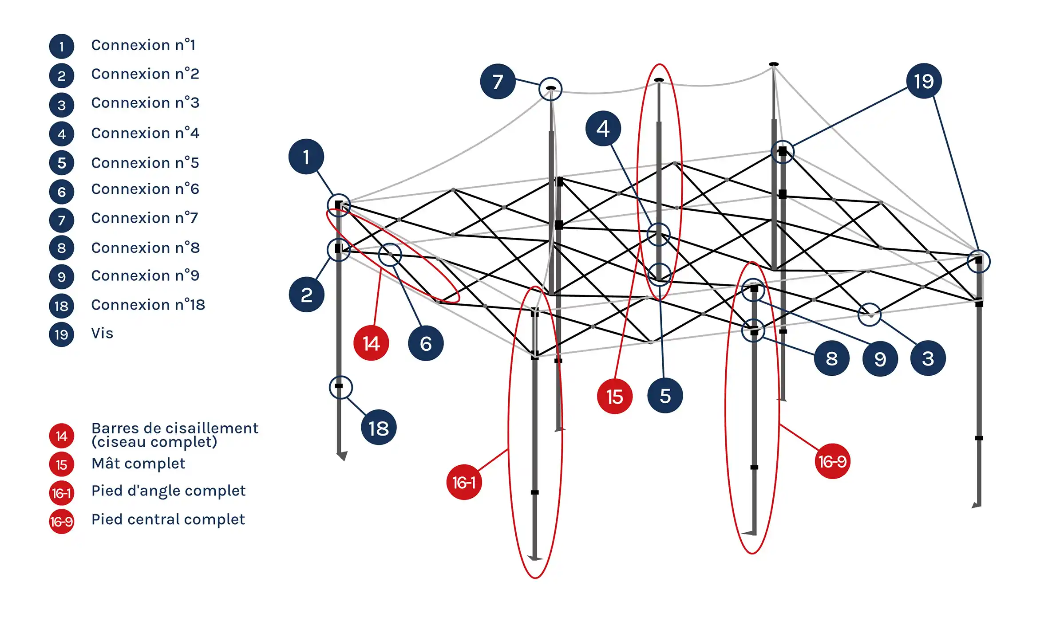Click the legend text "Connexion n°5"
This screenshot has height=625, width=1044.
click(145, 163)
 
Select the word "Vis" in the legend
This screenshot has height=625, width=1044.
click(102, 333)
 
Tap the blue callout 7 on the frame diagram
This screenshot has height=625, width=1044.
click(498, 82)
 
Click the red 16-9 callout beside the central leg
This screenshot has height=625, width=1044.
click(832, 461)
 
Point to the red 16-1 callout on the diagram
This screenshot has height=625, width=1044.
click(464, 482)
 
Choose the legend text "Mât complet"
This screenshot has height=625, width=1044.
click(138, 464)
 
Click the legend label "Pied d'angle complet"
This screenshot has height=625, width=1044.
click(168, 491)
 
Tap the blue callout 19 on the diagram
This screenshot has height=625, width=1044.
click(924, 81)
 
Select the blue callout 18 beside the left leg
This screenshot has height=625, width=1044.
click(379, 428)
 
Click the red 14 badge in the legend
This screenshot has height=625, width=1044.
click(61, 436)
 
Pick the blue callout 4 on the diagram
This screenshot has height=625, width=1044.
click(603, 129)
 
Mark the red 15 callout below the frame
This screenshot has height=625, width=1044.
click(615, 397)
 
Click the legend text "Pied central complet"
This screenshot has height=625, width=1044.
click(168, 519)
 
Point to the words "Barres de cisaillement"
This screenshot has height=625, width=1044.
click(175, 428)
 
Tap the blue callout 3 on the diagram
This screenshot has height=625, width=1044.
click(928, 358)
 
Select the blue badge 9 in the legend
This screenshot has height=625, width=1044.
click(61, 276)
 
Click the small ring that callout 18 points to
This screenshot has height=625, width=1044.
click(340, 387)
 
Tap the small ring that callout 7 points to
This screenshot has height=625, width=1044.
click(550, 89)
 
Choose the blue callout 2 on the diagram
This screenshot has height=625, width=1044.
click(306, 295)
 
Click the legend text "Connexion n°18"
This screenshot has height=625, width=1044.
click(148, 305)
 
